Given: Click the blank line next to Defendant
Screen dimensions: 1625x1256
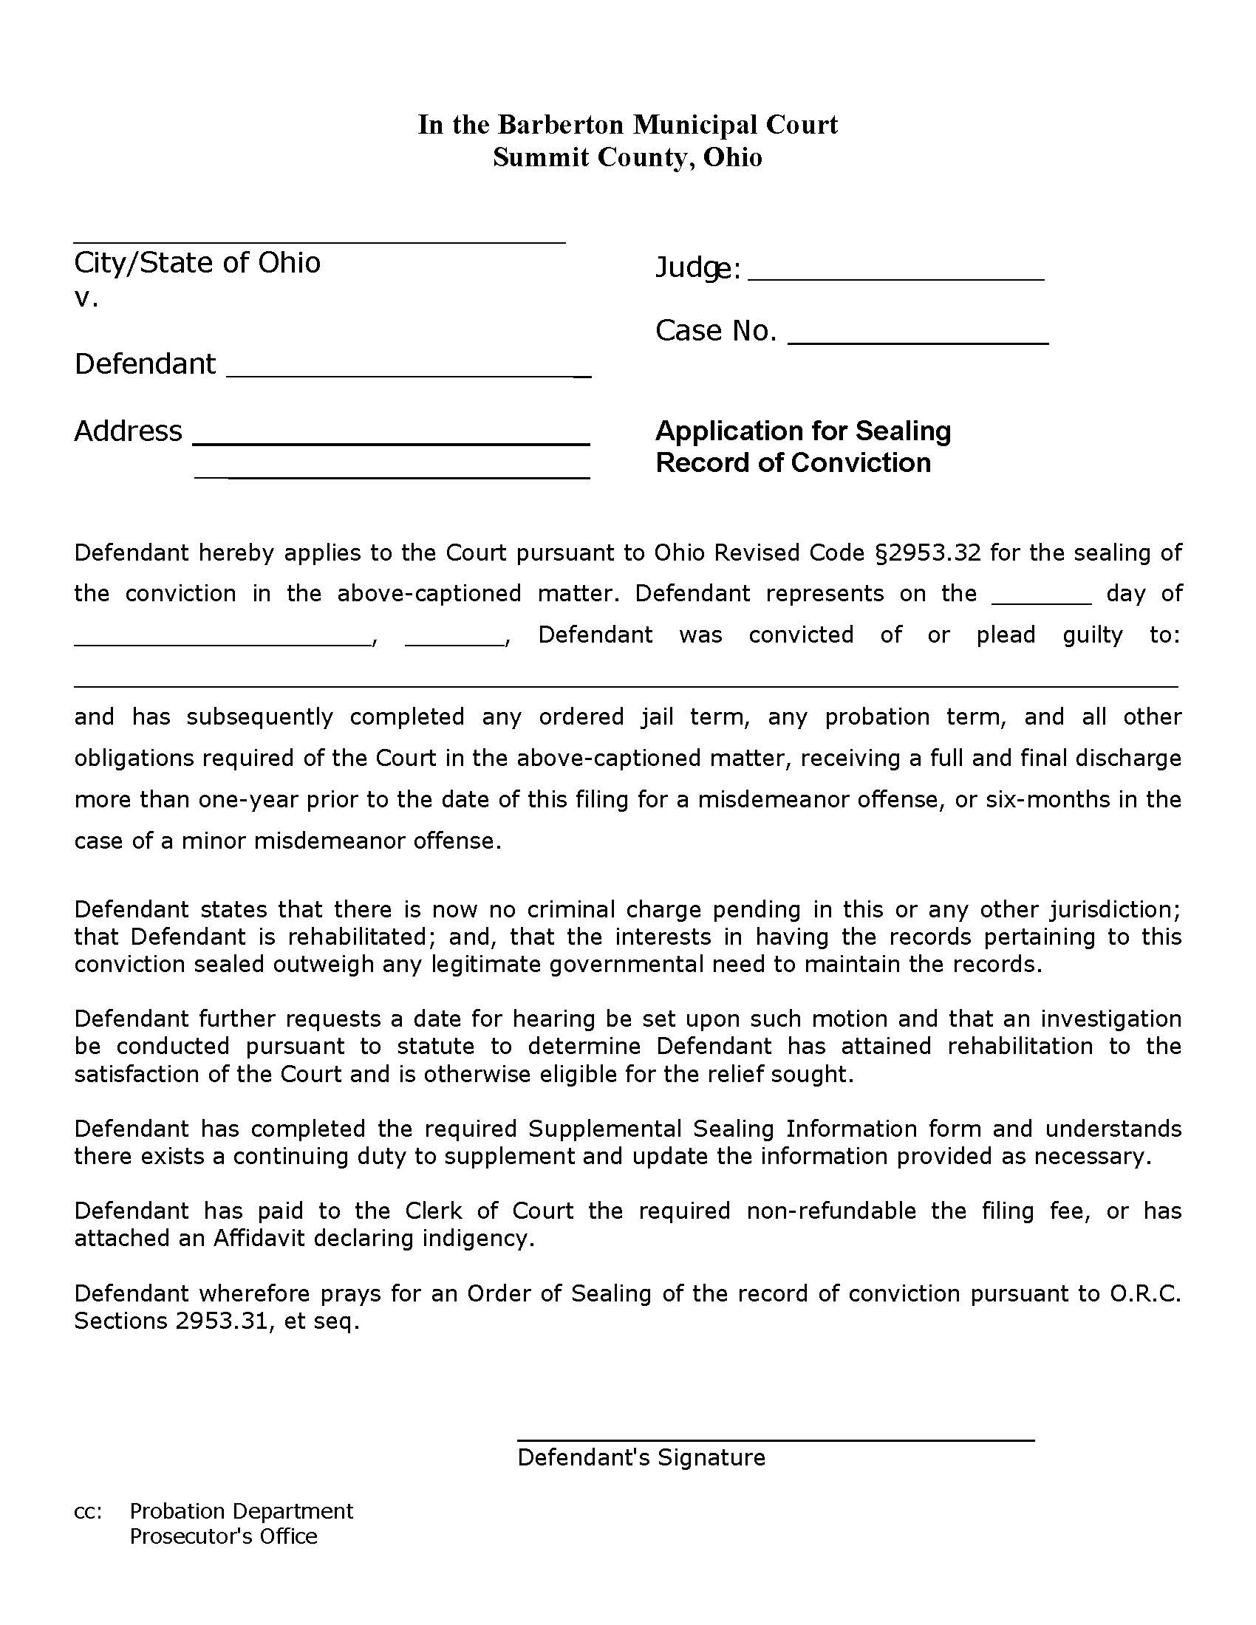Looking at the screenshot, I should point(408,375).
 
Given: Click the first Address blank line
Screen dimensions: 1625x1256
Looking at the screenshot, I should point(391,442).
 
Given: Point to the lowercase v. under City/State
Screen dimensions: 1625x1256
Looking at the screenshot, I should point(86,298).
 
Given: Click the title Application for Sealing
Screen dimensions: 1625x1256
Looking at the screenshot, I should point(802,431).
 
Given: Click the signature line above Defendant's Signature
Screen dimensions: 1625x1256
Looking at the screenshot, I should point(774,1440).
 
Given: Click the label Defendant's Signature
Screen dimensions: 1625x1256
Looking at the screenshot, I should point(641,1457).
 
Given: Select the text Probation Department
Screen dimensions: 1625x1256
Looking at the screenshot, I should point(241,1511).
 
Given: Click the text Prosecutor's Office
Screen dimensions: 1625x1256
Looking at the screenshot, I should point(223,1536).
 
